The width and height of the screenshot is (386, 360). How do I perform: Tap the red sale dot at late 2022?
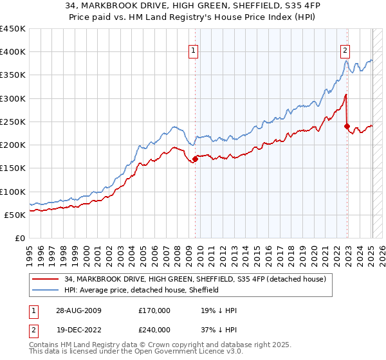coord(347,127)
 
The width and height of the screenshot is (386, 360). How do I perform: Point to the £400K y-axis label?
coord(13,52)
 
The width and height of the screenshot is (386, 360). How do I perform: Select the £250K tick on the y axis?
coord(13,122)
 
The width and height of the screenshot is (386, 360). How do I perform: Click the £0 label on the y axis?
coord(19,238)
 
